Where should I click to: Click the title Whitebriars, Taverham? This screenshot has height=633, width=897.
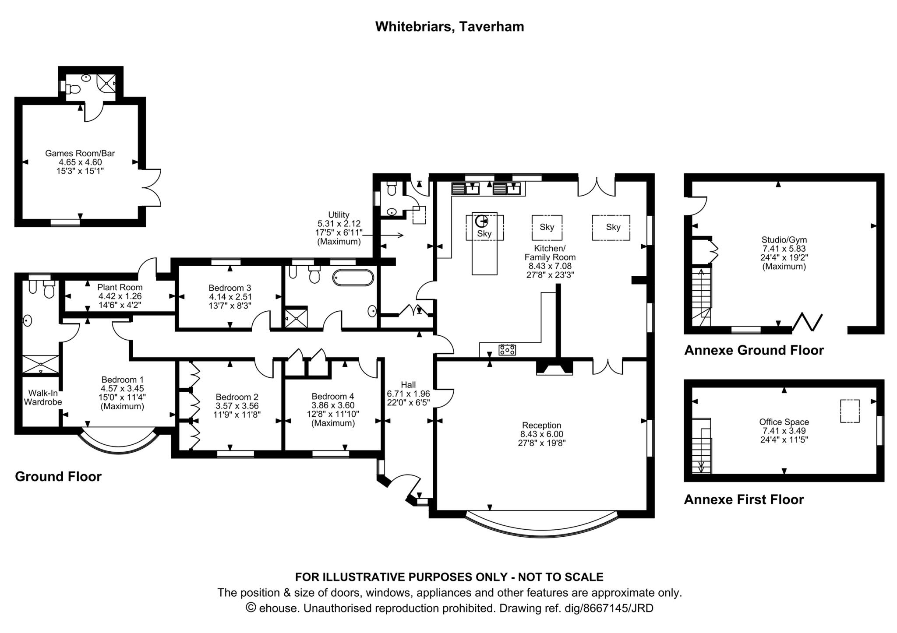pyautogui.click(x=449, y=27)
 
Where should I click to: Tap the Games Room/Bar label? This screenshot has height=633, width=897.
pyautogui.click(x=80, y=153)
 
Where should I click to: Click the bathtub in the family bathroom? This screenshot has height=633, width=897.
pyautogui.click(x=353, y=278)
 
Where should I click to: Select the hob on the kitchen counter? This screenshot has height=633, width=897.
pyautogui.click(x=507, y=350)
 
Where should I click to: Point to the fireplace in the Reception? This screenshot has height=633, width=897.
pyautogui.click(x=554, y=368)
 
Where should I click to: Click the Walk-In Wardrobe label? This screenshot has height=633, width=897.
pyautogui.click(x=42, y=397)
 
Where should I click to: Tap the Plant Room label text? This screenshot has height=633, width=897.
pyautogui.click(x=120, y=288)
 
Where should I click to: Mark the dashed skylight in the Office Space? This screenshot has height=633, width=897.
pyautogui.click(x=849, y=411)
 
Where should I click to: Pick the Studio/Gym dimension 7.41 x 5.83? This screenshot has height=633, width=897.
pyautogui.click(x=784, y=249)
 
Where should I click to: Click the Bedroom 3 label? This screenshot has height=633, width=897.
pyautogui.click(x=230, y=288)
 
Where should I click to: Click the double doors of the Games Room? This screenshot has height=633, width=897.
pyautogui.click(x=152, y=187)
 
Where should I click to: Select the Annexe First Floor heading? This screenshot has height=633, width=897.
pyautogui.click(x=743, y=499)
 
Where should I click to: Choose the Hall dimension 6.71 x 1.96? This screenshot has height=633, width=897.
pyautogui.click(x=408, y=394)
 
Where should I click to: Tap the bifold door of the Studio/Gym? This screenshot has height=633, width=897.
pyautogui.click(x=807, y=322)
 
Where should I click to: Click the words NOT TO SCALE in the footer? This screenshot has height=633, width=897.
pyautogui.click(x=560, y=577)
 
